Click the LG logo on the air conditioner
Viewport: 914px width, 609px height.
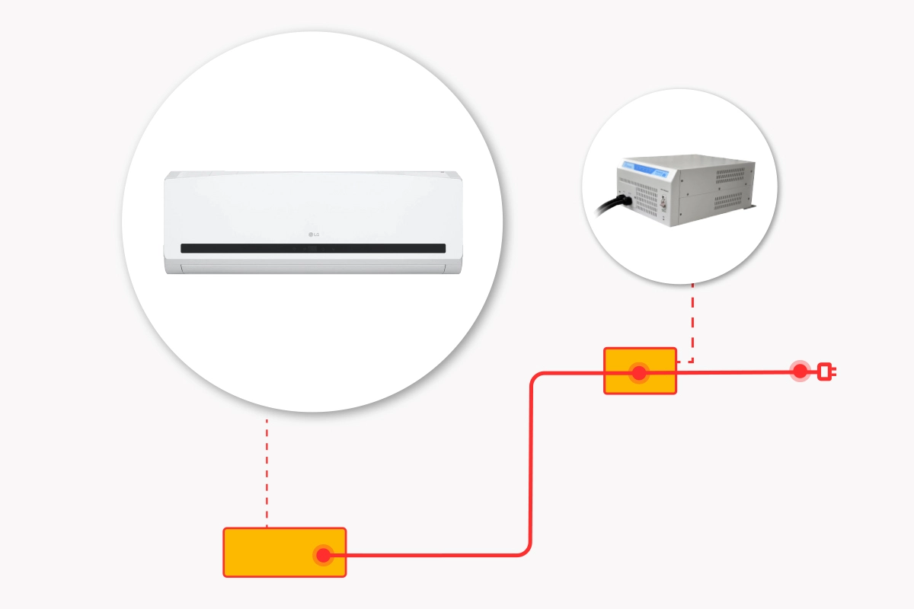click(313, 234)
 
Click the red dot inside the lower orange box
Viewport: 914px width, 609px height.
click(324, 555)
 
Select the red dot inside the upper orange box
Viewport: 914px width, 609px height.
click(638, 373)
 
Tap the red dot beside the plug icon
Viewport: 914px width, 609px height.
click(800, 371)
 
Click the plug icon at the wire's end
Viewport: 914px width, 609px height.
click(826, 371)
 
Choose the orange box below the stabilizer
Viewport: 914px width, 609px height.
click(640, 371)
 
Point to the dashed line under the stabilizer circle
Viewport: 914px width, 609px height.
click(692, 320)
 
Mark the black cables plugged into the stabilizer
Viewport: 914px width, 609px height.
click(613, 203)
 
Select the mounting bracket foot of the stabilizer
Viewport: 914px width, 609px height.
click(751, 206)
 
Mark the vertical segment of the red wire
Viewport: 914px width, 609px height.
click(530, 464)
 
